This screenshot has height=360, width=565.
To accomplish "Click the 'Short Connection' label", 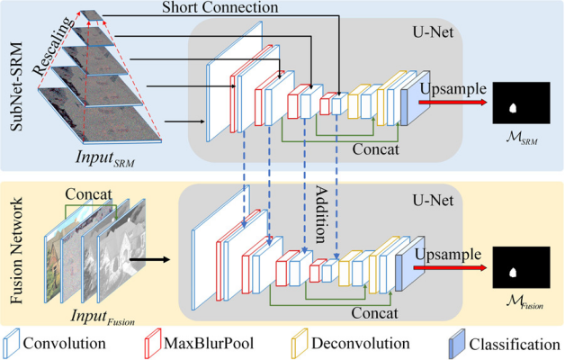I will click(x=221, y=7).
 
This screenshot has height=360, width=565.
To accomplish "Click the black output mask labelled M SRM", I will click(x=521, y=104).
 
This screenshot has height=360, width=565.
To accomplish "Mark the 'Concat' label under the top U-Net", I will click(x=376, y=147).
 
